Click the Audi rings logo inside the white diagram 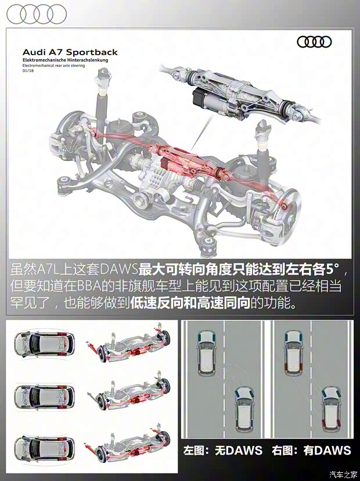(314, 42)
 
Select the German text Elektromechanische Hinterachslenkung (65, 60)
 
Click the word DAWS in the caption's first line (118, 269)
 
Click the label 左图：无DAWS (222, 450)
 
